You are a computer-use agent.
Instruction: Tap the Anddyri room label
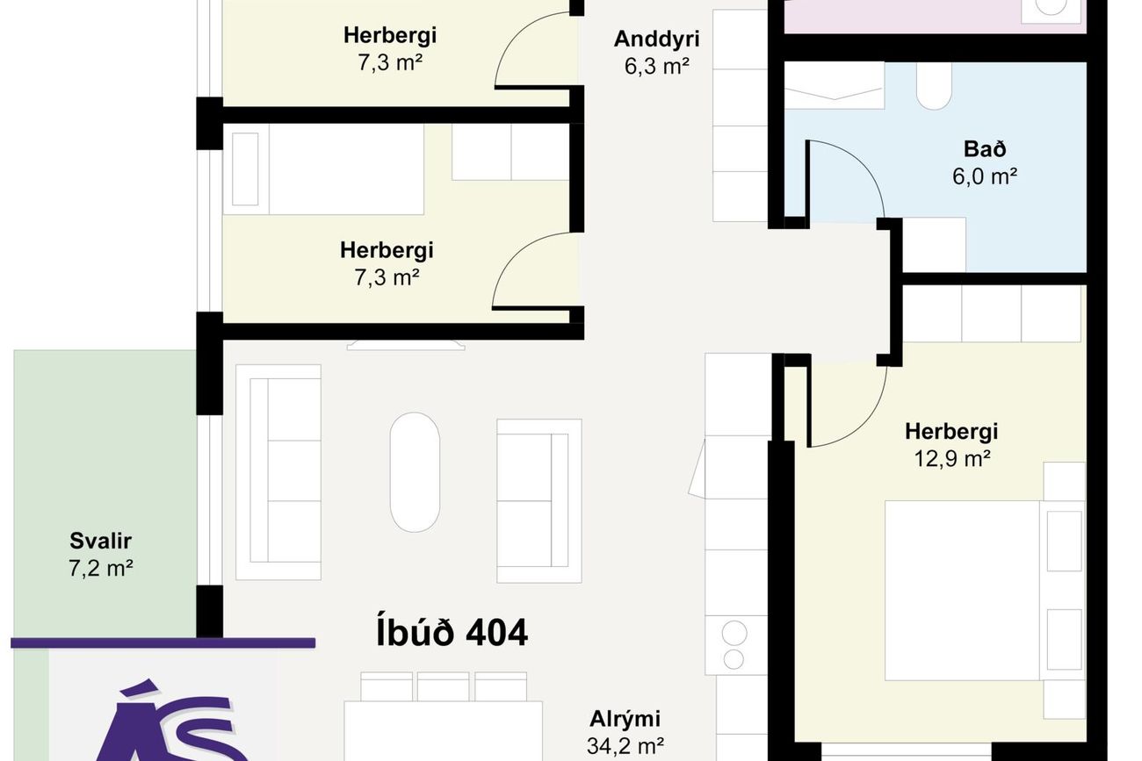pos(657,39)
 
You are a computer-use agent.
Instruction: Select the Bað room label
pos(985,149)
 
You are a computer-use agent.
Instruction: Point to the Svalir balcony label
pos(100,541)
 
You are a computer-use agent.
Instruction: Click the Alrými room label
pos(625,719)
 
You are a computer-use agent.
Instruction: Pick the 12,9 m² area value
pos(952,459)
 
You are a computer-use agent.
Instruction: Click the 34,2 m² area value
pos(625,746)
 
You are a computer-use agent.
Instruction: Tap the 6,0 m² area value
pos(985,176)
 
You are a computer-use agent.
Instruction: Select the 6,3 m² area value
pos(657,67)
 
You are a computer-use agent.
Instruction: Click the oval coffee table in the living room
pos(415,472)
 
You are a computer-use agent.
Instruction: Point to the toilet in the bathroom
pos(934,85)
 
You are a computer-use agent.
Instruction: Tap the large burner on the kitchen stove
pos(734,634)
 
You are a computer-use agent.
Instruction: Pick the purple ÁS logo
pos(173,723)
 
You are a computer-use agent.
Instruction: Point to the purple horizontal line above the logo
pos(163,643)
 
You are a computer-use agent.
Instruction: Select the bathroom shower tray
pos(834,85)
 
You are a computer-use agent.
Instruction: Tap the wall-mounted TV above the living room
pos(406,345)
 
